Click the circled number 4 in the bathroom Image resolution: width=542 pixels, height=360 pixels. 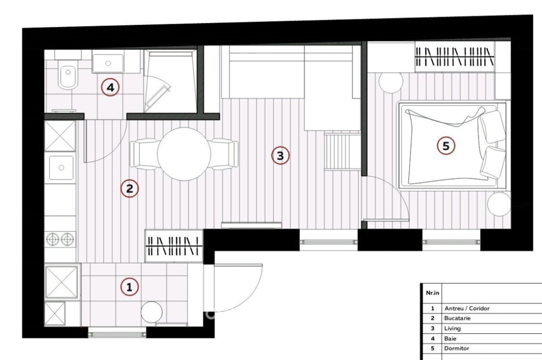tap(110, 88)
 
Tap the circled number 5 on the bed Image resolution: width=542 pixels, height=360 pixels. tap(446, 146)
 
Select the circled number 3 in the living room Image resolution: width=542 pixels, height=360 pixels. tap(280, 155)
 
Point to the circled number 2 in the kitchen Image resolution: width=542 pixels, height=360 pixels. tap(130, 188)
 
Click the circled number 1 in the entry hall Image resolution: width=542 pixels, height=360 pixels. tap(130, 287)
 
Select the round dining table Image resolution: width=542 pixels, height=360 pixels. tap(184, 154)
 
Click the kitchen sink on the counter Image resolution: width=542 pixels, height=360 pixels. tap(61, 168)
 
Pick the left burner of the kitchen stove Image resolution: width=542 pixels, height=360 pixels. tap(53, 239)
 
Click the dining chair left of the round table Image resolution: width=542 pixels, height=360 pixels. tap(143, 154)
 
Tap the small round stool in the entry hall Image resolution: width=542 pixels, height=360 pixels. tap(151, 312)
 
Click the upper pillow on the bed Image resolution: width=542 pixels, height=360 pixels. tap(492, 126)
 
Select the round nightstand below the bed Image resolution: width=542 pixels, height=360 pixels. tap(499, 204)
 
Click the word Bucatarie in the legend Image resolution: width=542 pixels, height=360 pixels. tap(457, 318)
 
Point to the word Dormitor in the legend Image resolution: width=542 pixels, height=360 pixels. tap(457, 348)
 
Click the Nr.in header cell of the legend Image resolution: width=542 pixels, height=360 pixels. tap(433, 293)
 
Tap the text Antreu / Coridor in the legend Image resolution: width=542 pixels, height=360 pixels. tap(467, 308)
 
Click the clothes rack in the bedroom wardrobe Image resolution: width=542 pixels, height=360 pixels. tap(454, 57)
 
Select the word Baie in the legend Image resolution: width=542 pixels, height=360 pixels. tap(450, 339)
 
